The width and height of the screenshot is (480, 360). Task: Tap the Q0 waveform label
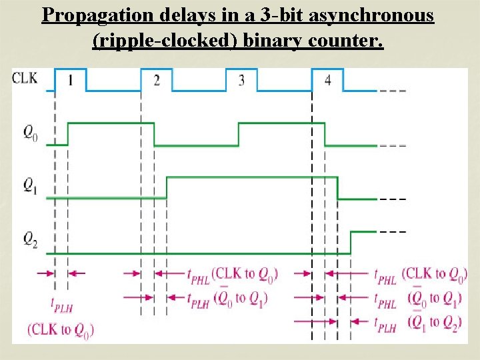[30, 133]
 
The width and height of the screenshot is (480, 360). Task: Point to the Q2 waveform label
[30, 238]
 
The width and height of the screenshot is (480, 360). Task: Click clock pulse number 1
[70, 81]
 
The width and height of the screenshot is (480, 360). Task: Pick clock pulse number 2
[156, 81]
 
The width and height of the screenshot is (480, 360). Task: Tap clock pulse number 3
[241, 81]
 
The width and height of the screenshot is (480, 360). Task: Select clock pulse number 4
[327, 81]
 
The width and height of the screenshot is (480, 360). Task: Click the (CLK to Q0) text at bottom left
[61, 329]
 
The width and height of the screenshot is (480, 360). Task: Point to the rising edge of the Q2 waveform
[351, 242]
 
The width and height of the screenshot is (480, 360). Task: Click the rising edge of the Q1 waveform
[167, 187]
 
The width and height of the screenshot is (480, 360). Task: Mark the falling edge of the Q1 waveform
[338, 187]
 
